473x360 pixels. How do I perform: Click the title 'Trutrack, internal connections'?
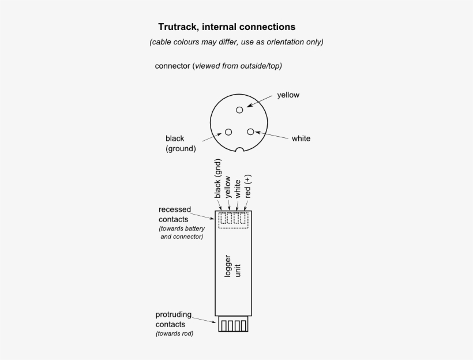coord(227,27)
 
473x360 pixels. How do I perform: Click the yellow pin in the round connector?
coord(239,110)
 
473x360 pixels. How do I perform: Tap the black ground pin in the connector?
coord(228,132)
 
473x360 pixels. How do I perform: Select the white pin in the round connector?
coord(250,132)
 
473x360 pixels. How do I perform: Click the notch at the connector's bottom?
coord(239,149)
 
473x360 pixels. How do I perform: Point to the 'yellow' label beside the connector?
coord(288,95)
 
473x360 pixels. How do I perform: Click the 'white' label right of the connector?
coord(301,138)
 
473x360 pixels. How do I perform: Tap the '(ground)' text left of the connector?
coord(181,149)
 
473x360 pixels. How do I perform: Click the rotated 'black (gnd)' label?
coord(218,179)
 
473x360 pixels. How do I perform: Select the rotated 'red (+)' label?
coord(247,186)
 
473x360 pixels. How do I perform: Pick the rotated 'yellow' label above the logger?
coord(228,187)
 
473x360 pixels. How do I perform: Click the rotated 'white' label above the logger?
coord(238,189)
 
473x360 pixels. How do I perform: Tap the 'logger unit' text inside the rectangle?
coord(232,266)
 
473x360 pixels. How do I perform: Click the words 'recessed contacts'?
coord(175,214)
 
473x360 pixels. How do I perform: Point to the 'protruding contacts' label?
coord(174,319)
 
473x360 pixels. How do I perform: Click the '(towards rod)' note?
coord(175,333)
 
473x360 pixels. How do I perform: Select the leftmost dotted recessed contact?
coord(224,218)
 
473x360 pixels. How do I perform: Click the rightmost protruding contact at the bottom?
coord(244,326)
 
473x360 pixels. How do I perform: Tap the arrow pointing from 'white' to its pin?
coord(272,135)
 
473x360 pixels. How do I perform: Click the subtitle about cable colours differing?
coord(236,42)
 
